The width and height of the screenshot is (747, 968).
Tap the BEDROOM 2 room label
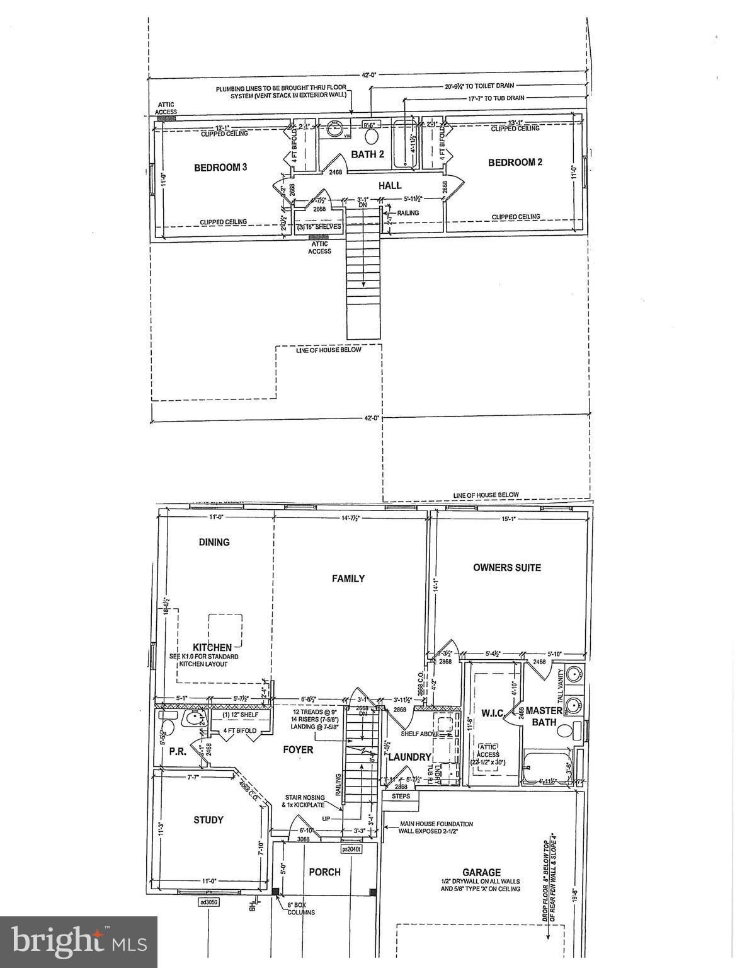point(515,163)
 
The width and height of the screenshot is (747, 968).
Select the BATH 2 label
point(367,154)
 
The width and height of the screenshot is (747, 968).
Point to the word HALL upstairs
point(390,186)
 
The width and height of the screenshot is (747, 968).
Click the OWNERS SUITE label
point(507,568)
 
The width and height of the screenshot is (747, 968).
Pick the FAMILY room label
point(348,579)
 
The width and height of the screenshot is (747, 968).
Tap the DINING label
point(214,542)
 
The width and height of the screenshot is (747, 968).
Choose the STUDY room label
point(208,820)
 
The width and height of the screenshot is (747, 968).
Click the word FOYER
point(298,750)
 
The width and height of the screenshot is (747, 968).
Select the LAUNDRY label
point(409,757)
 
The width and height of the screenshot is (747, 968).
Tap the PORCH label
point(324,872)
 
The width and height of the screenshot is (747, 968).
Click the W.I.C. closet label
point(492,713)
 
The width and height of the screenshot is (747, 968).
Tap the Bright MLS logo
point(79,942)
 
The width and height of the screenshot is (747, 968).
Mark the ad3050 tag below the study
point(208,902)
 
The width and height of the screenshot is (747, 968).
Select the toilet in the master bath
point(575,731)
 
